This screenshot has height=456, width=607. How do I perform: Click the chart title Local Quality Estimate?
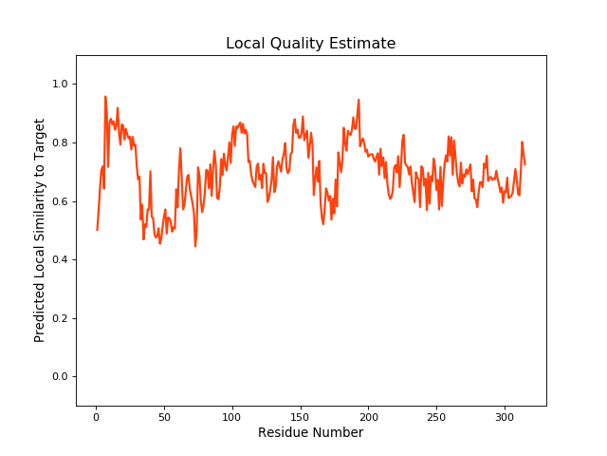point(310,44)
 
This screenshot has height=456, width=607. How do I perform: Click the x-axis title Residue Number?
point(310,433)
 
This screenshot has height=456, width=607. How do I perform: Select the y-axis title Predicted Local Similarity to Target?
point(40,230)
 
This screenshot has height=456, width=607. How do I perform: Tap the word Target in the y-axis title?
point(40,138)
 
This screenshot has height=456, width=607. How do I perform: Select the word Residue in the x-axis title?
point(284,433)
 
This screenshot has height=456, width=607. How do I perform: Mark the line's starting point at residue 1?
point(97,230)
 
